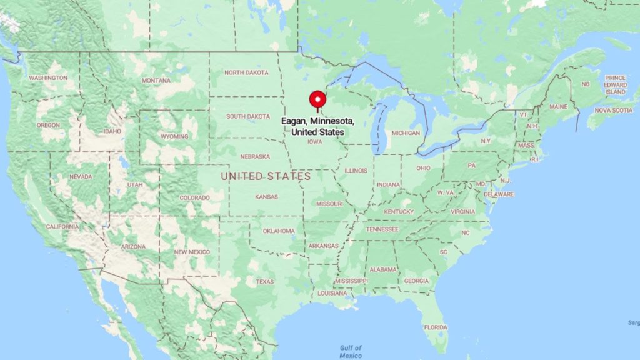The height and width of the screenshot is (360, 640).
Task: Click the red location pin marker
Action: coord(318,101)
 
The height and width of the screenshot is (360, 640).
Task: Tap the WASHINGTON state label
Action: coord(48,78)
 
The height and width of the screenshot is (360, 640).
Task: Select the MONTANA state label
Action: coord(156,81)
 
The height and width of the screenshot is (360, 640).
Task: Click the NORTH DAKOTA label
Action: coord(246,72)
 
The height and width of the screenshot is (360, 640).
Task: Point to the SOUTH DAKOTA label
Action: coord(248,116)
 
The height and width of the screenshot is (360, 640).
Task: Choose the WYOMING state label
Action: coord(174,136)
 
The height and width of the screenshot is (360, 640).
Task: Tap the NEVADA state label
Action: coord(81,177)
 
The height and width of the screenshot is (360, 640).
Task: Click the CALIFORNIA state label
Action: coord(62,227)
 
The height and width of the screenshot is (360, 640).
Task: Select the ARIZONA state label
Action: coord(133,247)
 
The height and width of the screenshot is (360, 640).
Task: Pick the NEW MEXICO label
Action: coord(192,252)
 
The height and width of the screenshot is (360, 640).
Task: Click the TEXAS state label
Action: coord(264,282)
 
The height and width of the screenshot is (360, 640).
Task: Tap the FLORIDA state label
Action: coord(436,327)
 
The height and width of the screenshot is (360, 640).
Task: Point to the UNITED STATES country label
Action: coord(266,177)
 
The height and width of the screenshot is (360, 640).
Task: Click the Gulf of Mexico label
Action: coord(351,352)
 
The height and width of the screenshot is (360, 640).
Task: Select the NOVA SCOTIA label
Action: coord(613,110)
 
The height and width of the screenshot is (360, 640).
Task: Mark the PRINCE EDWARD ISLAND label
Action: coord(615,85)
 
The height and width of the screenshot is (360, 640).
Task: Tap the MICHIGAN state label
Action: coord(406,133)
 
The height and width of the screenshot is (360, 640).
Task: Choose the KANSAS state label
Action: coord(266,197)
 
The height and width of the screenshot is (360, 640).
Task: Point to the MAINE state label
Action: coord(558,107)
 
